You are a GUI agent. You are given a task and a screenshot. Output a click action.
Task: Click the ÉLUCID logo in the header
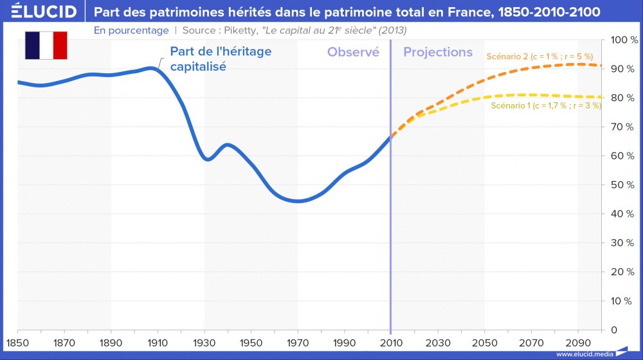click(x=40, y=12)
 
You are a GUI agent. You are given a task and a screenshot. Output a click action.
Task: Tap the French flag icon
click(x=46, y=45)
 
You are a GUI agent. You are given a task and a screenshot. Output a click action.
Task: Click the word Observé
click(x=353, y=52)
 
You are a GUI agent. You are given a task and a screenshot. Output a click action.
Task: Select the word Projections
click(x=438, y=52)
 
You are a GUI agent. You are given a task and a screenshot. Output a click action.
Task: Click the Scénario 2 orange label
click(x=539, y=57)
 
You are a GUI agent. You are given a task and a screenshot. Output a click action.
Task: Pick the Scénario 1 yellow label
click(x=545, y=106)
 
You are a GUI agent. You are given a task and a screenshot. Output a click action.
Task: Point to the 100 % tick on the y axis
click(x=623, y=40)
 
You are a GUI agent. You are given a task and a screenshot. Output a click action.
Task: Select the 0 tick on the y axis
click(x=613, y=330)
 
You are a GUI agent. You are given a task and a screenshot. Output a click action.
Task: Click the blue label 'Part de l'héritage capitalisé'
click(x=220, y=59)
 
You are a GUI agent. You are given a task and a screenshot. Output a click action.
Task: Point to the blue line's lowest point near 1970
click(x=297, y=201)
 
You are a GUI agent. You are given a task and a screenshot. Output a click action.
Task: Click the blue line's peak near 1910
click(x=152, y=67)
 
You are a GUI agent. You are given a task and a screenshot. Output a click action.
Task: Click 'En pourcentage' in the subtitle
click(x=131, y=30)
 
